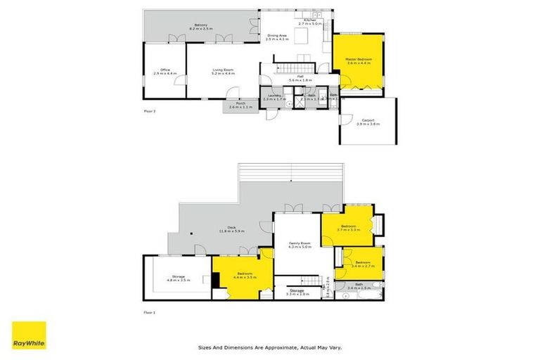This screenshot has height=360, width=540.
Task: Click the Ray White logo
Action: [29, 335]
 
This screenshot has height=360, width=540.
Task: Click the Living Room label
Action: [224, 70]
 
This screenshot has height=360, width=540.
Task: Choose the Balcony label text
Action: [199, 25]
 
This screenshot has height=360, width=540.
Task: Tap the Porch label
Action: [240, 103]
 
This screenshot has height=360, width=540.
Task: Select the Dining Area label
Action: [276, 35]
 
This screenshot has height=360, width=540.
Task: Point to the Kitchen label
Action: [309, 20]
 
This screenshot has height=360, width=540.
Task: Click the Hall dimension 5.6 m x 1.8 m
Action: [300, 81]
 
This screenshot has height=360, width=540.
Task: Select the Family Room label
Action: [300, 243]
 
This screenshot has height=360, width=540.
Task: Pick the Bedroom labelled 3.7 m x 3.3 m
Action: [348, 226]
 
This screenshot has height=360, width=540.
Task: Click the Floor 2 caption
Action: [149, 111]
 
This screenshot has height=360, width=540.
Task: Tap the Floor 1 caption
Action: [149, 311]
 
